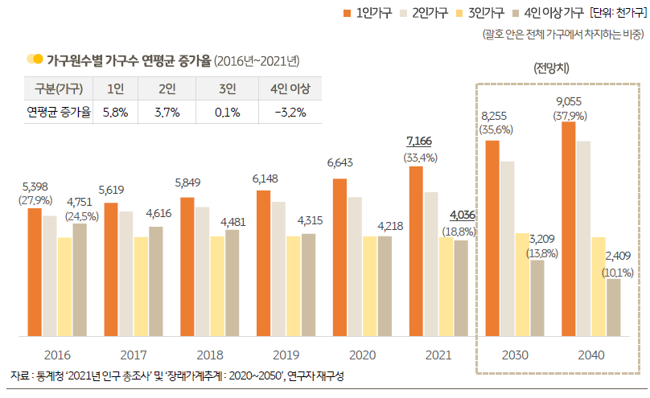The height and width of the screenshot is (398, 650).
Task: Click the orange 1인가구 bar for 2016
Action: [35, 271]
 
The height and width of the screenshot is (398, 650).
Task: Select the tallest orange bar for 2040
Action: [569, 228]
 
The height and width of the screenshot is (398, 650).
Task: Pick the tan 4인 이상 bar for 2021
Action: [461, 287]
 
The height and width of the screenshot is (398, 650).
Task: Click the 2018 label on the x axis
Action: [209, 355]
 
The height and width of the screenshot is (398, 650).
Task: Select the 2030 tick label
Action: [515, 355]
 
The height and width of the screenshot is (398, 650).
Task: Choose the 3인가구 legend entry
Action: [479, 12]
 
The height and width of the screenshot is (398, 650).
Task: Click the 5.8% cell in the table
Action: [116, 112]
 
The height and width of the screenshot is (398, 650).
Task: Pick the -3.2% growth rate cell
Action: [290, 112]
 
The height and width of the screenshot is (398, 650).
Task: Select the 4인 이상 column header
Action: [290, 88]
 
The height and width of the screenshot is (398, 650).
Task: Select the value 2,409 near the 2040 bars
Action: [617, 256]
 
